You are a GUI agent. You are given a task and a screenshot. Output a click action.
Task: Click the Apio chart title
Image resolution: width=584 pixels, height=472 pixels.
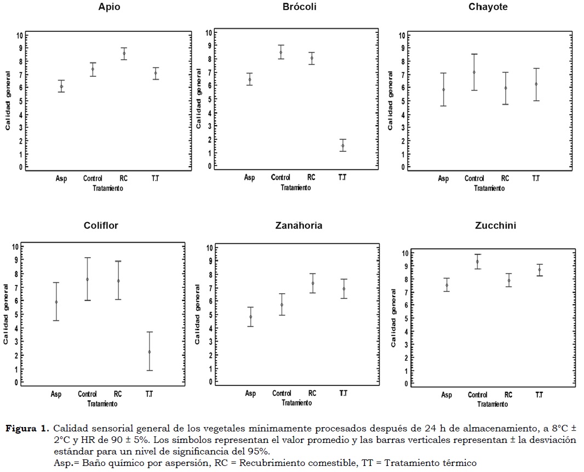tap(110, 7)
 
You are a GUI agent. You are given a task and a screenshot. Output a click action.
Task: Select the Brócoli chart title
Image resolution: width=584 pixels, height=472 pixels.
tap(300, 7)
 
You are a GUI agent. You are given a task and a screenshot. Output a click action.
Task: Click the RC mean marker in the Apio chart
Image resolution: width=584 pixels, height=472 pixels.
tap(124, 54)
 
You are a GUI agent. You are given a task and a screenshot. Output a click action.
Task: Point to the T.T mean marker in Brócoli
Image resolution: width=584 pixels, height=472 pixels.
tap(342, 146)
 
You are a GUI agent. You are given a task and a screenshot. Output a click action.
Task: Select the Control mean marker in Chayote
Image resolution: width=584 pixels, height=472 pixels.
tap(474, 72)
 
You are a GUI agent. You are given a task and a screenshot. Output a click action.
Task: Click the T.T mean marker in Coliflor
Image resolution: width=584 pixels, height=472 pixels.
tap(149, 352)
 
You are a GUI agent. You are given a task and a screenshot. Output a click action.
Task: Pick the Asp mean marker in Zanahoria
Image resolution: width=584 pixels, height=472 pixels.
tap(251, 317)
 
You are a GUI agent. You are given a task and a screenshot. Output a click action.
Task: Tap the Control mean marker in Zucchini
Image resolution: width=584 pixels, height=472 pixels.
tap(478, 261)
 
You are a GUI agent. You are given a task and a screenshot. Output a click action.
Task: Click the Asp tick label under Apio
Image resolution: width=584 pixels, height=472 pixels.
tap(61, 179)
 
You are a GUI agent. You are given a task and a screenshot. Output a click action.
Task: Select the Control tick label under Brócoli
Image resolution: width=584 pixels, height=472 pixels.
tap(281, 177)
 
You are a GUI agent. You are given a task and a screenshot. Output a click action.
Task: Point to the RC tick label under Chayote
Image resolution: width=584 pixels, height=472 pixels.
tap(505, 179)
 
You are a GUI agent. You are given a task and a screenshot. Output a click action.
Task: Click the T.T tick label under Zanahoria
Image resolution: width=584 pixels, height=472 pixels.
tap(343, 394)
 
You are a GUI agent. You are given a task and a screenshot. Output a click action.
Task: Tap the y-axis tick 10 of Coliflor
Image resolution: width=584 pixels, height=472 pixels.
tap(16, 247)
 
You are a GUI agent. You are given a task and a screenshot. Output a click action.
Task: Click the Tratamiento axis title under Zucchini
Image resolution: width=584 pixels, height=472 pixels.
tap(491, 405)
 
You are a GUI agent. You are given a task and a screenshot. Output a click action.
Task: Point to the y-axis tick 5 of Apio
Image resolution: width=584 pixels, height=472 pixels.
tap(20, 101)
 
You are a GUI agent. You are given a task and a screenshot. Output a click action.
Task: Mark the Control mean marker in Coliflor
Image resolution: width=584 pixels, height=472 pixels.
tap(88, 279)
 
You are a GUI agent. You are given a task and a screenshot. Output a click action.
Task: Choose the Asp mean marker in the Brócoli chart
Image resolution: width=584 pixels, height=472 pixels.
tap(250, 79)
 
